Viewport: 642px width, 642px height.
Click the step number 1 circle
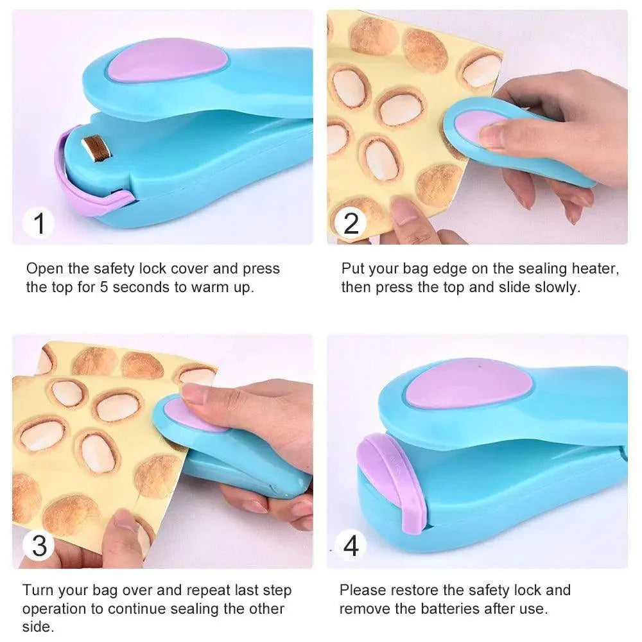pos(39,224)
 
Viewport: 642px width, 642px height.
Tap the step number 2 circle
pos(351,223)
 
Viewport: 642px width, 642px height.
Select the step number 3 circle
pos(39,546)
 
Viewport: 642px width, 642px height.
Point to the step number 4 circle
pos(351,546)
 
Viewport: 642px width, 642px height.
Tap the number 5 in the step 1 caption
pos(104,286)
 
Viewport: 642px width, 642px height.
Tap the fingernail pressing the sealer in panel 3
pos(195,393)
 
